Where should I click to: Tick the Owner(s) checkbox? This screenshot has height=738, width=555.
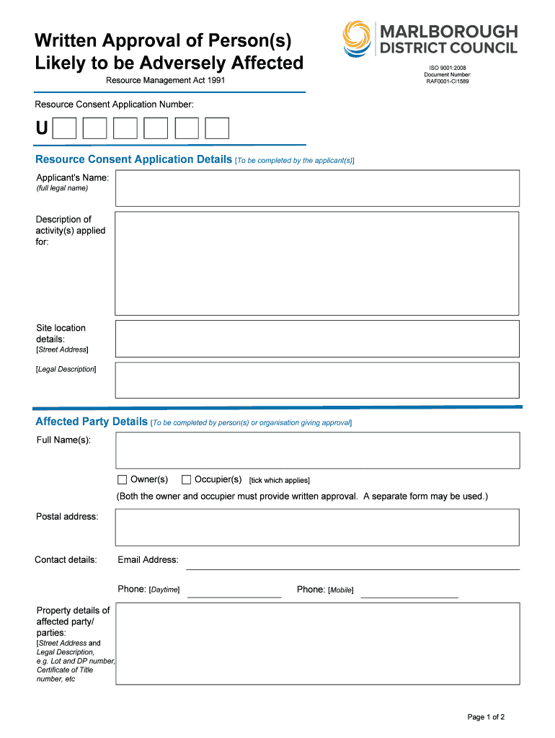(122, 480)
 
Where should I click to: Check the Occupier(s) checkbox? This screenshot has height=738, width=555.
(186, 480)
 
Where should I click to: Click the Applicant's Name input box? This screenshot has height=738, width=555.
(317, 188)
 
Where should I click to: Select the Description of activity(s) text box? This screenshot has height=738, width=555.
(317, 263)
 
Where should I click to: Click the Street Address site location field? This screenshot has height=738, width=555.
(317, 339)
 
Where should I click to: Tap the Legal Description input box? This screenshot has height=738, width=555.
(317, 380)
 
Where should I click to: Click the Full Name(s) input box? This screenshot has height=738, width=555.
(317, 450)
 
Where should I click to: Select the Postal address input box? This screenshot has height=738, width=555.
(317, 528)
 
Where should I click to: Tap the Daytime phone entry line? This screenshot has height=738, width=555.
(234, 592)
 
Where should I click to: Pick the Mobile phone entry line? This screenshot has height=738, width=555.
(409, 592)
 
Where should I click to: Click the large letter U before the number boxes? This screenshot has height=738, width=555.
(43, 128)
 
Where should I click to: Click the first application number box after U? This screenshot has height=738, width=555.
(65, 128)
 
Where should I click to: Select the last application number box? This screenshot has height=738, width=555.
(217, 128)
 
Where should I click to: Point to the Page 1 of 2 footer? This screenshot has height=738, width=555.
(486, 717)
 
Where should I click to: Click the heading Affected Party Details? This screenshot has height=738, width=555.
(92, 422)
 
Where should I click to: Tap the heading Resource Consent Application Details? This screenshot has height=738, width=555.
(133, 159)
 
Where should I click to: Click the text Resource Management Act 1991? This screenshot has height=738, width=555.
(166, 80)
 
